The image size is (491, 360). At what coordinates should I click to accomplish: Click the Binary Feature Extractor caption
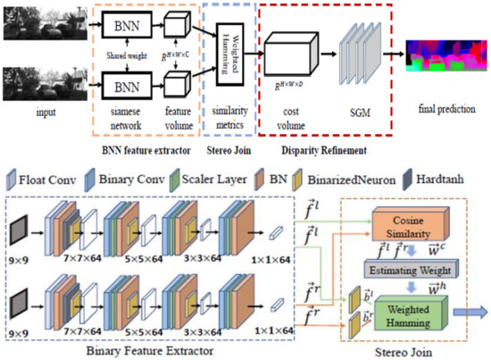[x=134, y=351]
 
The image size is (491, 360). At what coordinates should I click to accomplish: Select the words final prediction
[x=443, y=101]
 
